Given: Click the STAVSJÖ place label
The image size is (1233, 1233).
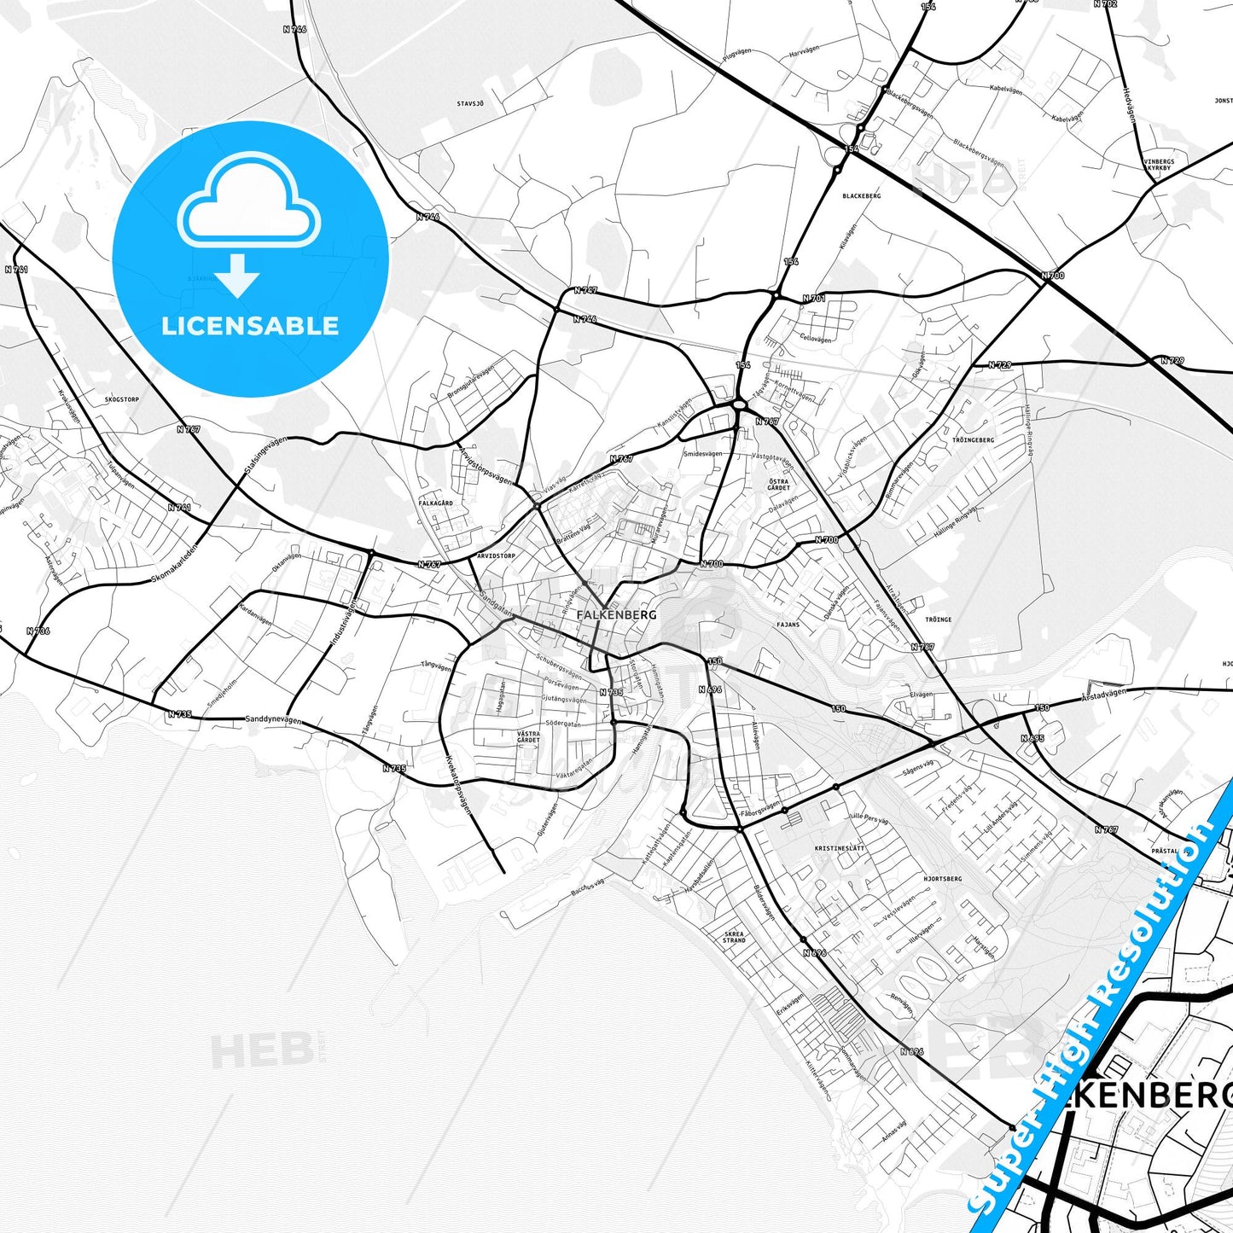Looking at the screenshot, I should coord(470,104).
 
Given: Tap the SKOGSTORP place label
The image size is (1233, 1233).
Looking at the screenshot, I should coord(121,399).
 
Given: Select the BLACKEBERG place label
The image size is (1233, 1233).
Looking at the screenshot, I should coord(861,196).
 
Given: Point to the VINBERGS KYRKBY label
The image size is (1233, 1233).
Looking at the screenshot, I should coord(1159,165).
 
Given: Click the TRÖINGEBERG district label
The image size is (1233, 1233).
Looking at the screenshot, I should coord(973,440).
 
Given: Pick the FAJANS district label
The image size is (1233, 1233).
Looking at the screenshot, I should coord(788,625).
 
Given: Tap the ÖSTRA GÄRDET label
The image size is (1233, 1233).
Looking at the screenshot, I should coord(778,485).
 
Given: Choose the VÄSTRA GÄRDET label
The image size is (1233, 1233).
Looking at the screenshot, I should coord(528,736).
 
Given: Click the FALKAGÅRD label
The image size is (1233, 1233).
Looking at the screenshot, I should coord(436,503).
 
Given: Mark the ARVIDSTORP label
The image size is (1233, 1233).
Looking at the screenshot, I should coord(496,555).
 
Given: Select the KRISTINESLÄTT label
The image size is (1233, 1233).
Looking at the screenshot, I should coord(840,848).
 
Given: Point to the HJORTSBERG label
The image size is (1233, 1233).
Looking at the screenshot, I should coord(942,878).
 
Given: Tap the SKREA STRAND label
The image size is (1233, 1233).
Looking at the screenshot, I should coord(734,937).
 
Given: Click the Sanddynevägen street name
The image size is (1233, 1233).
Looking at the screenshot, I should coord(273,719).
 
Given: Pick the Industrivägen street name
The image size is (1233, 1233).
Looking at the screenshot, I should coord(341,619).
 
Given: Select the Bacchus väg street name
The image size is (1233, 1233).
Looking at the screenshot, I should coord(588,887).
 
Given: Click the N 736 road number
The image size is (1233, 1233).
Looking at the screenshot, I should coord(38,631).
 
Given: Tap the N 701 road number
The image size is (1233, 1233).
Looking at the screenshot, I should coord(813,299).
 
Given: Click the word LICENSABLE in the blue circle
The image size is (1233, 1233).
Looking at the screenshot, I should coord(250,326).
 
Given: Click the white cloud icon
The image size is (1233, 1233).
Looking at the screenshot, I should coord(248,202).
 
